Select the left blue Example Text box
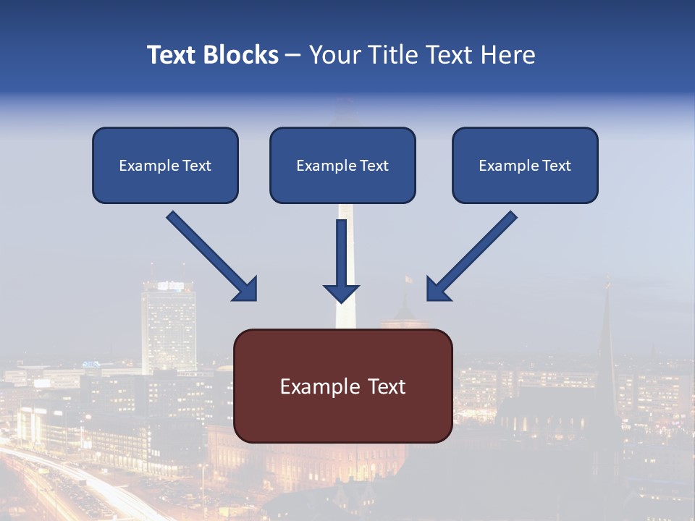coord(165,165)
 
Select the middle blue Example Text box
coord(342,165)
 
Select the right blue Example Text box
coord(525,165)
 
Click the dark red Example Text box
coord(343,386)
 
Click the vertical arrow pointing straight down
coord(341,257)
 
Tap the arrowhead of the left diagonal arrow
coord(246,289)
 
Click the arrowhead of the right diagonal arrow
coord(437,289)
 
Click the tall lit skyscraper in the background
coord(169,326)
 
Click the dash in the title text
coord(294,55)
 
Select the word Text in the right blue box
coord(557,166)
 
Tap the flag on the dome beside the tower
coord(408,279)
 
